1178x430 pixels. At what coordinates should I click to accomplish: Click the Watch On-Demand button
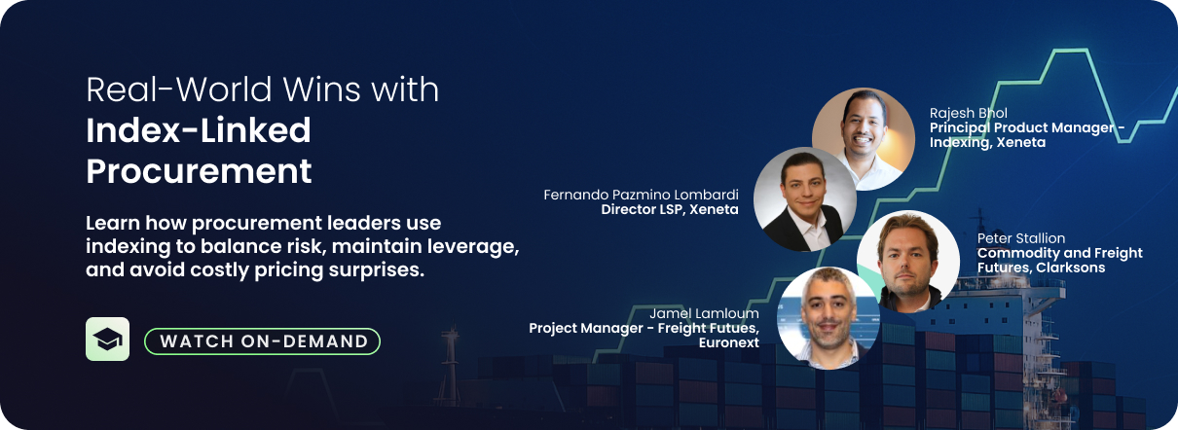click(x=262, y=341)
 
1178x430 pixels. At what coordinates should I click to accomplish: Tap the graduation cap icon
click(x=107, y=340)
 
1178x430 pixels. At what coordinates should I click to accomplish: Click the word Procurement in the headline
click(x=199, y=171)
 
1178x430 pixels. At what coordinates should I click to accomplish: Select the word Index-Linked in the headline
click(x=199, y=130)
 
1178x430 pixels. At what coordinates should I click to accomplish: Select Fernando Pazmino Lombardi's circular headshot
click(x=804, y=198)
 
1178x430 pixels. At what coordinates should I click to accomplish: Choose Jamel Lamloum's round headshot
click(x=828, y=316)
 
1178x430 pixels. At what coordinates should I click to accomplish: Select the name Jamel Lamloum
click(x=704, y=313)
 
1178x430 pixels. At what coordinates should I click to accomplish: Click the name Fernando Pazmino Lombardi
click(x=641, y=195)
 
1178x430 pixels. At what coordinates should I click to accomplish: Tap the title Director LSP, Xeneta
click(x=670, y=209)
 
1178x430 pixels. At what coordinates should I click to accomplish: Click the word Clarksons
click(x=1065, y=268)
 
